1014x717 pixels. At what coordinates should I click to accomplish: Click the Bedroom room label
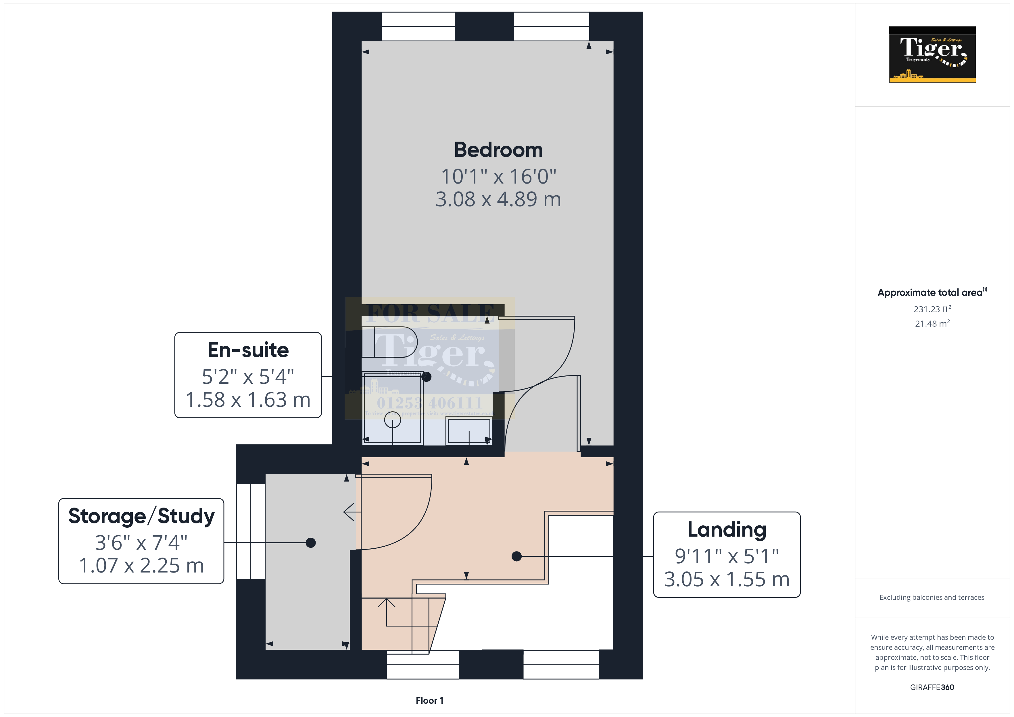coord(498,150)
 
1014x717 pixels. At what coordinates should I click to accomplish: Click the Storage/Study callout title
coord(141,516)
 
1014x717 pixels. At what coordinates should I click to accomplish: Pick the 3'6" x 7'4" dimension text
coord(141,543)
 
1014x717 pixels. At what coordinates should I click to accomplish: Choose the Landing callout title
coord(727,529)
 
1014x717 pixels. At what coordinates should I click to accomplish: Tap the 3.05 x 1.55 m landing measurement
coord(727,579)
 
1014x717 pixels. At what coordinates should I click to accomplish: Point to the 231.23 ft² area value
coord(932,309)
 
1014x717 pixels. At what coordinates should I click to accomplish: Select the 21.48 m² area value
coord(932,324)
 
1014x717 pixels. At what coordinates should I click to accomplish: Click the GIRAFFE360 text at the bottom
coord(932,687)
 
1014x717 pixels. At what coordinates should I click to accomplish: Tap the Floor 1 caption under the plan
coord(429,701)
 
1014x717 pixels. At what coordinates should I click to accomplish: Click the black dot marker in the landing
coord(516,556)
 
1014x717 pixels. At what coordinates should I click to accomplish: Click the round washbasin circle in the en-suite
coord(392,420)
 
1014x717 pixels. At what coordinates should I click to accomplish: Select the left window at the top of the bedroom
coord(418,26)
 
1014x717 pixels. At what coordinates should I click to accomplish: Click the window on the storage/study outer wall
coord(250,531)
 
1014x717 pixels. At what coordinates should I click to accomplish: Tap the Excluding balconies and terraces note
coord(932,597)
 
